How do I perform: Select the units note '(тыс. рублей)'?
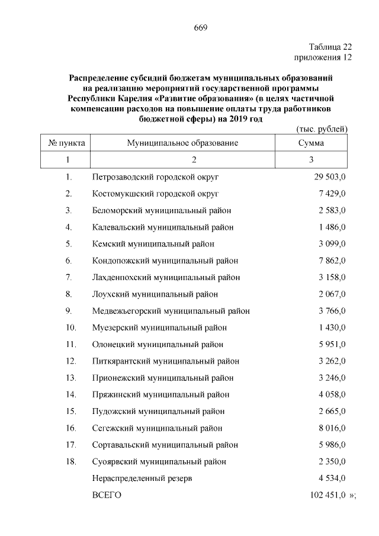tap(321, 129)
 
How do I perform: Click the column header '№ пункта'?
tap(66, 143)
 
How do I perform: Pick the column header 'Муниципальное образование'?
tap(182, 143)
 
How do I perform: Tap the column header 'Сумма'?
tap(311, 143)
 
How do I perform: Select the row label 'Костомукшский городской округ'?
tap(156, 193)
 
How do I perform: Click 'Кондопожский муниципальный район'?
tap(166, 260)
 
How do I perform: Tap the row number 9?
tap(69, 310)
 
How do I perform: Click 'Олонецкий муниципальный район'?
tap(158, 344)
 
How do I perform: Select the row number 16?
tap(70, 428)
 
